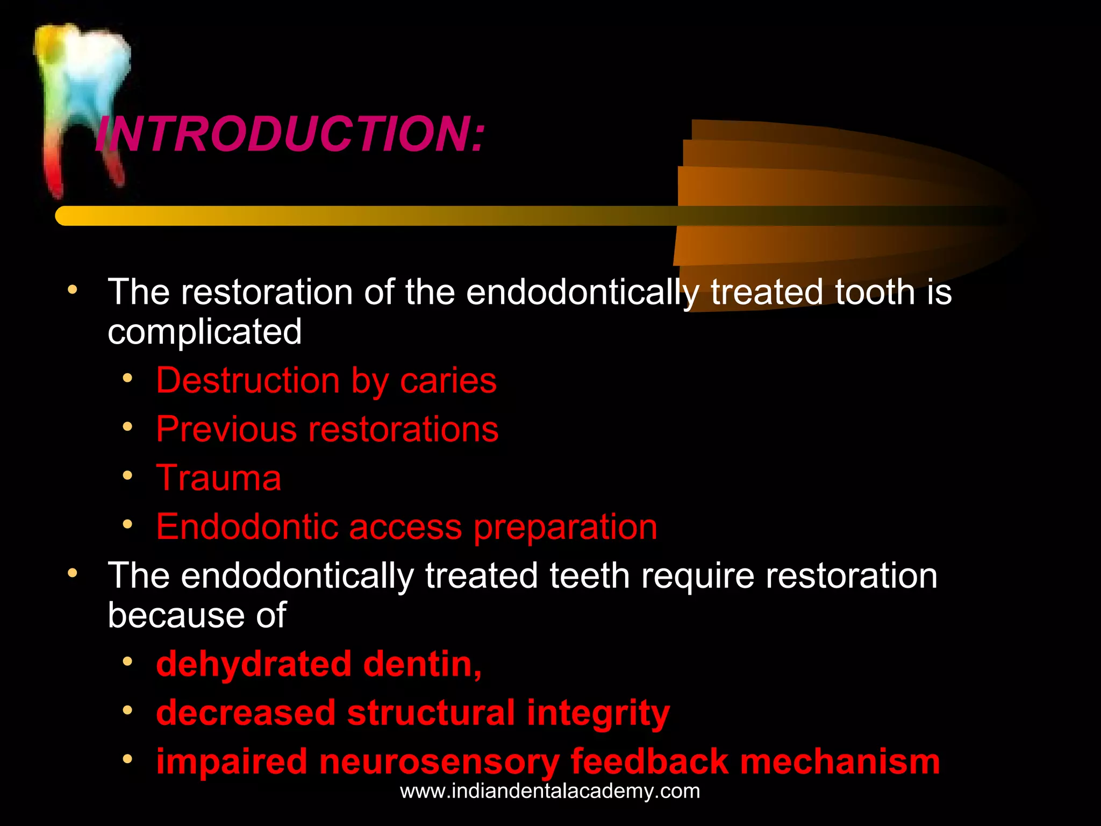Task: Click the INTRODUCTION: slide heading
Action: tap(290, 134)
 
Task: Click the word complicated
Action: tap(204, 331)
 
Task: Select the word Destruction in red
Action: tap(248, 381)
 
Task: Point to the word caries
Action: tap(448, 381)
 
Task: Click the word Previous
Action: tap(226, 429)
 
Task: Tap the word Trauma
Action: tap(218, 478)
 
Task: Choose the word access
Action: tap(405, 526)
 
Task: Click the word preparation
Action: tap(565, 528)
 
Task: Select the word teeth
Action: tap(589, 575)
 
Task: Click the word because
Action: tap(176, 615)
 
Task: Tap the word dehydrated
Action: tap(254, 664)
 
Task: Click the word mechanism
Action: tap(840, 761)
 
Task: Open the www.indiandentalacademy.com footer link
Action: tap(550, 791)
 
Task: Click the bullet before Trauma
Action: tap(127, 475)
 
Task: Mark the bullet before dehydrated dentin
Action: tap(127, 661)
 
